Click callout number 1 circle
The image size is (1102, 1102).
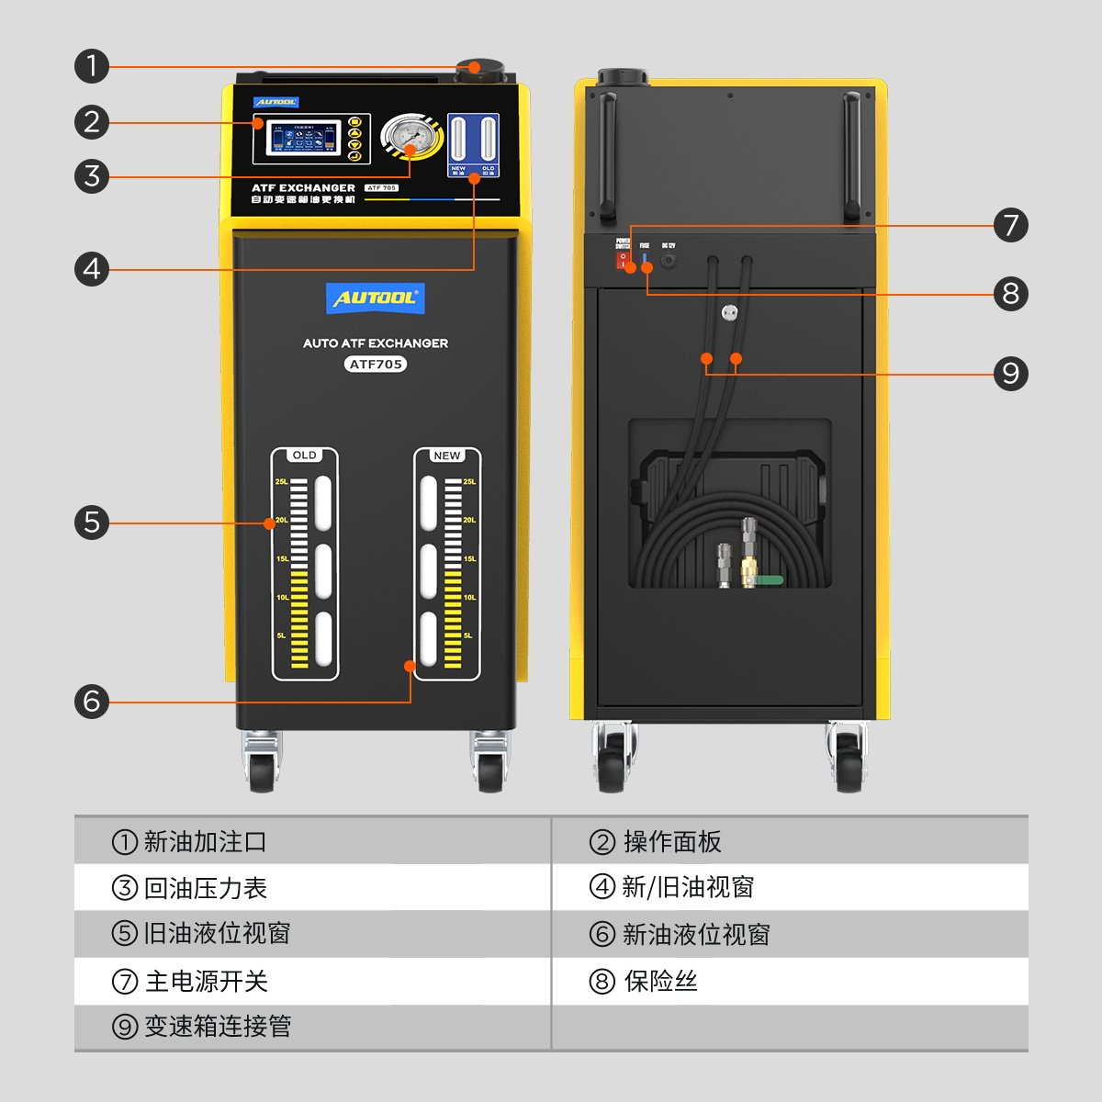pos(92,66)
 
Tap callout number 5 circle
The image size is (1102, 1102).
pos(92,523)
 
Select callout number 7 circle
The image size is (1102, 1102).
pos(1010,225)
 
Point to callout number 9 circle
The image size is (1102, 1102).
pos(1010,374)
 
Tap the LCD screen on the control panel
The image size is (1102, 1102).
pos(300,139)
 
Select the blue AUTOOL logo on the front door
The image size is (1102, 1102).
pos(376,298)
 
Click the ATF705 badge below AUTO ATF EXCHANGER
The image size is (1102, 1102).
pos(376,364)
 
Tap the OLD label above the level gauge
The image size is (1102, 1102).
pos(305,455)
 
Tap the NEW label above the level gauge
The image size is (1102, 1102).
pos(447,455)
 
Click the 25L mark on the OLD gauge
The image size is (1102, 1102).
pos(282,481)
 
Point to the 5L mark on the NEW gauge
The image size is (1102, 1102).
pos(468,635)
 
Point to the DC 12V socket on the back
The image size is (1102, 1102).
pos(669,261)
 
